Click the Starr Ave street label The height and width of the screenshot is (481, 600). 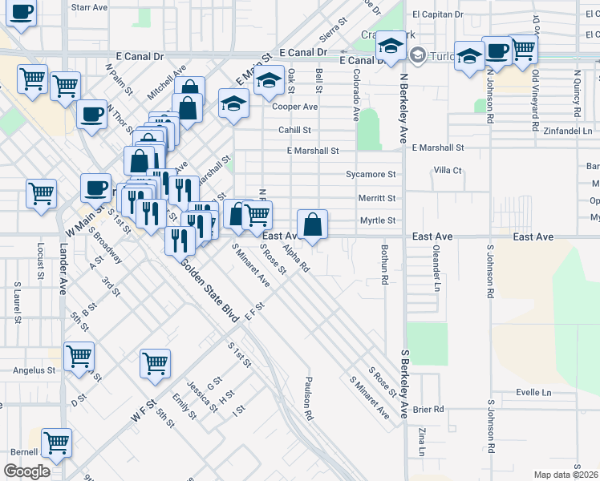coord(89,6)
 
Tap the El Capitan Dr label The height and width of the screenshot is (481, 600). coord(437,14)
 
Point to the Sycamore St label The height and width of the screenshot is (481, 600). coord(371,174)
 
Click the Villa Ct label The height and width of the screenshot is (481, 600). coord(448,171)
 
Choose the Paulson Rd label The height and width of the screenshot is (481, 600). coord(308,398)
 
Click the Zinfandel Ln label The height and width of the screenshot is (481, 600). coord(566,130)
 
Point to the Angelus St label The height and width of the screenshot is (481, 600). coord(34,371)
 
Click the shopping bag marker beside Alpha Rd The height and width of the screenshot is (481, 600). coord(313,224)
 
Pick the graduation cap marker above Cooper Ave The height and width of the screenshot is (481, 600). coord(270,83)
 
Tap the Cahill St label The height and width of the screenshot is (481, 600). coord(294,130)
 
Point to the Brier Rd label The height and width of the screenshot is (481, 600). coord(428,409)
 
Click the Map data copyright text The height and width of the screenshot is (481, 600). coord(566,475)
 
